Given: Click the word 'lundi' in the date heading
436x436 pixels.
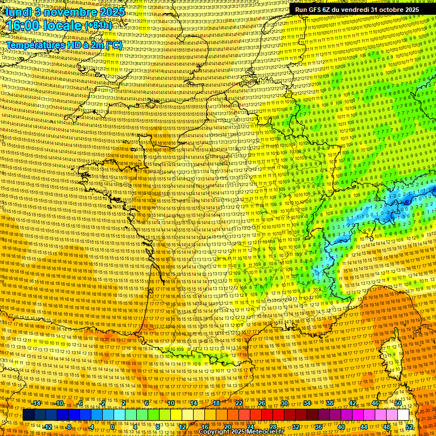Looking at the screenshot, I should pyautogui.click(x=18, y=11).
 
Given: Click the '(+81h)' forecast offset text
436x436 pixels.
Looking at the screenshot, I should pyautogui.click(x=98, y=26).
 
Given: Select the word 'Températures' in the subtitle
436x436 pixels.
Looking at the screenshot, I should pyautogui.click(x=34, y=44).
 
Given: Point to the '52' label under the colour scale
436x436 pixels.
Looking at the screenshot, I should pyautogui.click(x=410, y=427).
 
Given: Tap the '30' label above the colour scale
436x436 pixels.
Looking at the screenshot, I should pyautogui.click(x=284, y=403).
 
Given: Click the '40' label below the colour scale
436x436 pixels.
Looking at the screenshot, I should pyautogui.click(x=341, y=427).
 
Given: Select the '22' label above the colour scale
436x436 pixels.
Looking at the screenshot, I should pyautogui.click(x=239, y=403).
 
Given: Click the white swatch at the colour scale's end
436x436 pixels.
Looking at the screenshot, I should pyautogui.click(x=404, y=415).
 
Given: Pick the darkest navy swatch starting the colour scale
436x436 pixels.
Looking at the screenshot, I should pyautogui.click(x=28, y=415).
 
